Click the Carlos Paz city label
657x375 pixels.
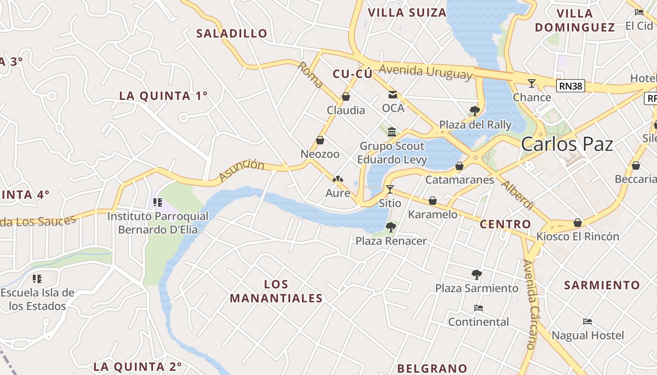567,144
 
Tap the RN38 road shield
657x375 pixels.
571,85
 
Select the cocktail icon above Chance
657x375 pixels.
531,83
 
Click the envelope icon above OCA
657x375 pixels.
392,95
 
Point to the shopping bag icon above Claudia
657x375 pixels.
346,97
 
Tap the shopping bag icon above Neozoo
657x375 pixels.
320,140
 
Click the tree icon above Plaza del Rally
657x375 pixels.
474,111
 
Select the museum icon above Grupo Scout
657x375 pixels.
392,132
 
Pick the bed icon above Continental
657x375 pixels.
478,308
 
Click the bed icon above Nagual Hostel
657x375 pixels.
587,322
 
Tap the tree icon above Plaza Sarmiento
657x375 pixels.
476,274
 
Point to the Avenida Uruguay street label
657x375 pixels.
425,71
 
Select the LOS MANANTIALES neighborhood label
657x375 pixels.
276,291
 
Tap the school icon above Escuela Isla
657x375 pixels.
37,279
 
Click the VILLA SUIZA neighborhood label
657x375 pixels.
407,13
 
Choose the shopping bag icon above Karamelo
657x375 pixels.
433,201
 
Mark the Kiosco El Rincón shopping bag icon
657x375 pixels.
578,223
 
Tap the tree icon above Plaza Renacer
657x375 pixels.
390,227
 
